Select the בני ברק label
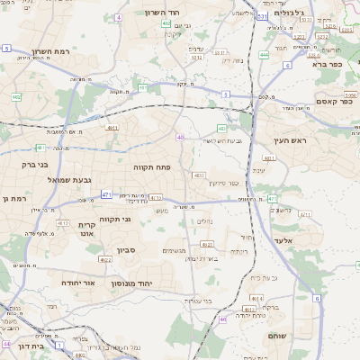[x=35, y=165]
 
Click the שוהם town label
[x=278, y=335]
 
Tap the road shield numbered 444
[x=264, y=55]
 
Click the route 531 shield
[x=261, y=16]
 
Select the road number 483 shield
[x=199, y=175]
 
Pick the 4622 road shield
[x=106, y=259]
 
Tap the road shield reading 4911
[x=112, y=129]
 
